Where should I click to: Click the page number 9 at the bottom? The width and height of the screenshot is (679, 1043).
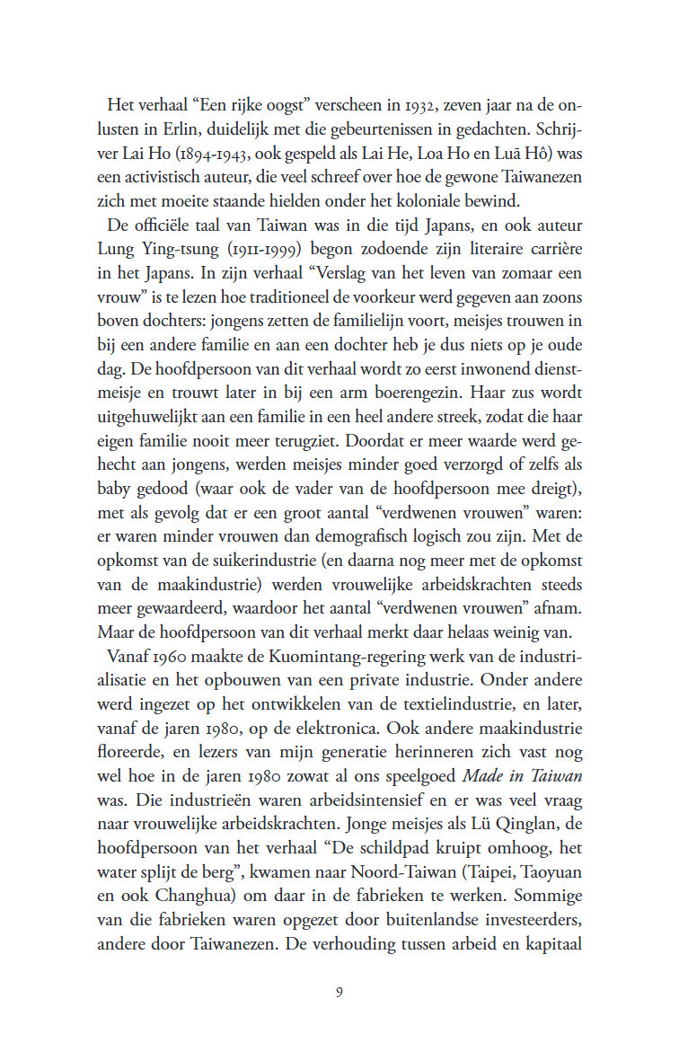pyautogui.click(x=339, y=993)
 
